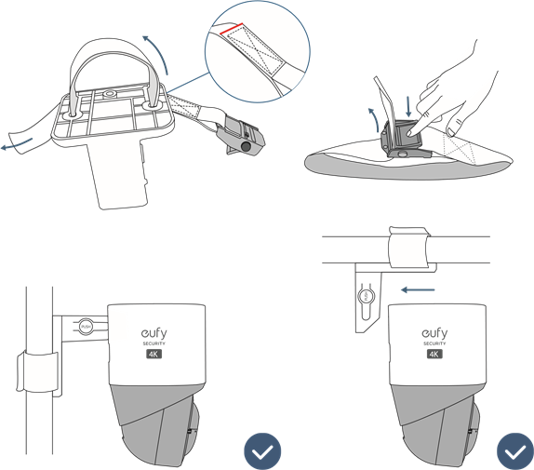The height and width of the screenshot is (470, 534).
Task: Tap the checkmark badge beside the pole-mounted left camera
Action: (263, 451)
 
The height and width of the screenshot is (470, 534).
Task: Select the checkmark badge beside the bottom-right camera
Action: (514, 451)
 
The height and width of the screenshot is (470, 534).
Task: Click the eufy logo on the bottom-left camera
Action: (153, 333)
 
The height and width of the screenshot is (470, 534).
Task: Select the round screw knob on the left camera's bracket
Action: (85, 327)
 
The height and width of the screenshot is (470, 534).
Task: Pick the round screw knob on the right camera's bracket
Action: (367, 296)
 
